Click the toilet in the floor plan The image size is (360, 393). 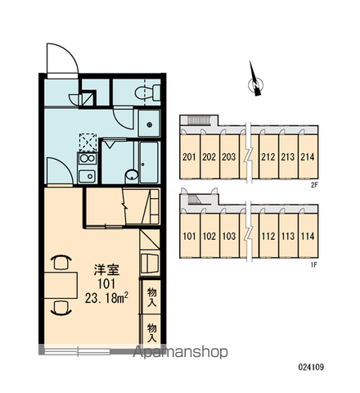(147, 93)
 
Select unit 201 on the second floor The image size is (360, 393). (190, 156)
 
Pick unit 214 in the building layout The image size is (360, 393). (308, 156)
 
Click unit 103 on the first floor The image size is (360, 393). (229, 236)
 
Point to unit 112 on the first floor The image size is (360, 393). (268, 236)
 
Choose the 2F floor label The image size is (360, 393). (314, 185)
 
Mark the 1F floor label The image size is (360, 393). (314, 264)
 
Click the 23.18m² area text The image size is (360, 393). (107, 298)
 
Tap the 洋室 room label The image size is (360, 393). (106, 270)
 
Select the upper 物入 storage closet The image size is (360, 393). (151, 297)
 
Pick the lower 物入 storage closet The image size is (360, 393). (151, 332)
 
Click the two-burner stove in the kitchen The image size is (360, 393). (88, 158)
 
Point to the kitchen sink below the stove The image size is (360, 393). (87, 176)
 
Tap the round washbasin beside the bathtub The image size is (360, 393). (132, 174)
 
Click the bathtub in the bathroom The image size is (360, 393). (149, 162)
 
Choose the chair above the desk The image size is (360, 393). (61, 262)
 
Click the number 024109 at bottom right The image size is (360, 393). (311, 367)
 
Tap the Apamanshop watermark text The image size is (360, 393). (180, 352)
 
